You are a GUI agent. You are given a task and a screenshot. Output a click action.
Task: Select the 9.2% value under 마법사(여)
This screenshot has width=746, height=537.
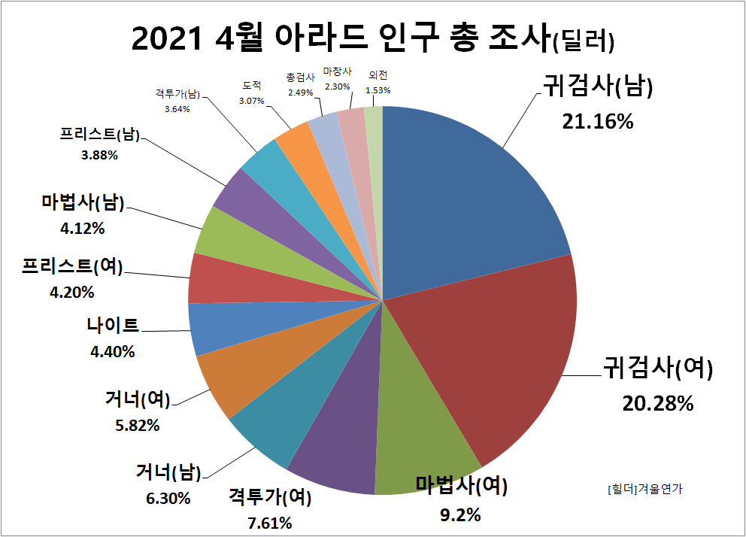(x=459, y=515)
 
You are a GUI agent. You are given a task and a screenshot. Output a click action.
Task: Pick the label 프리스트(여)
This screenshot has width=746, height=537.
(x=72, y=265)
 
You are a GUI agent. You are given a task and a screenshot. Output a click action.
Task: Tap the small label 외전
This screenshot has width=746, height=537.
(x=378, y=74)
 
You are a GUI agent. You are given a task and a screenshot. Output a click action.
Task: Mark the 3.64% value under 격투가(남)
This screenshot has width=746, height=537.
(x=177, y=108)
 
